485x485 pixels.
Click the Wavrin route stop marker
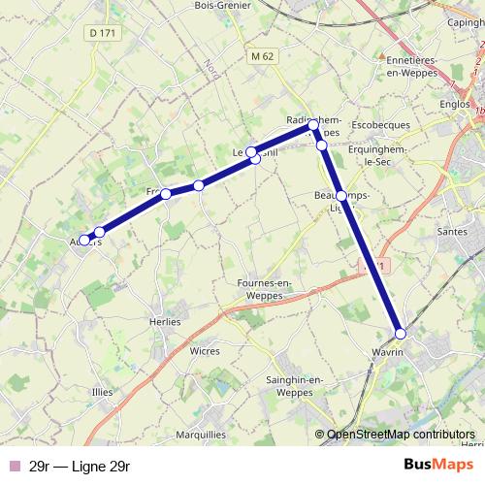pyautogui.click(x=401, y=334)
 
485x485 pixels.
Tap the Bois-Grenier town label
pyautogui.click(x=222, y=6)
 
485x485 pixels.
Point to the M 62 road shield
pyautogui.click(x=262, y=56)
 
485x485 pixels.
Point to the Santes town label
pyautogui.click(x=453, y=232)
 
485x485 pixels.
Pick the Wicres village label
pyautogui.click(x=205, y=351)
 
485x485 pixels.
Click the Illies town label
pyautogui.click(x=102, y=392)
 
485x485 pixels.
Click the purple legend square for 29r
pyautogui.click(x=13, y=467)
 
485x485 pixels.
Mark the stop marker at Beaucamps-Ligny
pyautogui.click(x=340, y=196)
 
